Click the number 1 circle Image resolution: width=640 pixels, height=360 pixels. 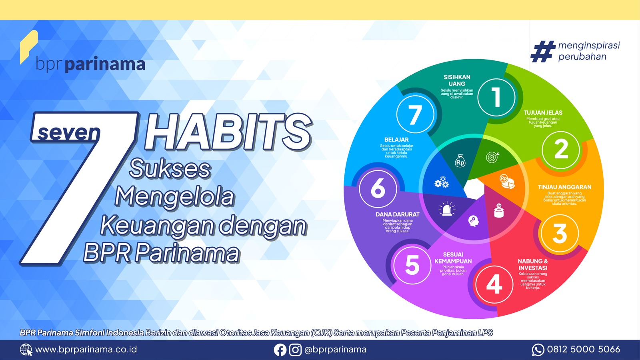point(496,98)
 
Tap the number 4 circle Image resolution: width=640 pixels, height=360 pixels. point(494,284)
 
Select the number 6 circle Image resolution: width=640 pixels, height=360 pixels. point(378,189)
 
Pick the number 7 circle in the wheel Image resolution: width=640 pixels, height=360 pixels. point(415,114)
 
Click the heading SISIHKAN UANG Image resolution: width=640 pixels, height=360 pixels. point(457,80)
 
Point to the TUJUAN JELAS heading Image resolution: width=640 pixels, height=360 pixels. point(543,113)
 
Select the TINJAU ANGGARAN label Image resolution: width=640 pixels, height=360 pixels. point(564,187)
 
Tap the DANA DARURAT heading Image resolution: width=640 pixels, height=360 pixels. point(398,214)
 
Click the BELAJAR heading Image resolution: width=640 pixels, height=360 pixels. point(396,140)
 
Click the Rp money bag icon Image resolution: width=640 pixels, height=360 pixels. point(460,160)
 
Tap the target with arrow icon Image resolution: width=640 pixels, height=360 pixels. point(492,157)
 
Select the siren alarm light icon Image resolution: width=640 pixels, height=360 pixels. point(447,209)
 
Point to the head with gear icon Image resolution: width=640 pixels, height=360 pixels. point(474,221)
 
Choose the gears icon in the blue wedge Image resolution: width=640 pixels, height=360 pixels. point(442,182)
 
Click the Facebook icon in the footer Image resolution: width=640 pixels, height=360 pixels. point(280,350)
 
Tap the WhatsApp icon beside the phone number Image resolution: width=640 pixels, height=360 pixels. point(538,350)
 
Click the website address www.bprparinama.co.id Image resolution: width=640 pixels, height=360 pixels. point(86,350)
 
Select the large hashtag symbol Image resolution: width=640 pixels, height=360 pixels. point(543,52)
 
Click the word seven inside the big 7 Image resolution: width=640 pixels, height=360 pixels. point(69,132)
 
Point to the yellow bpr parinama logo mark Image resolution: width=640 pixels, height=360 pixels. point(28,47)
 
